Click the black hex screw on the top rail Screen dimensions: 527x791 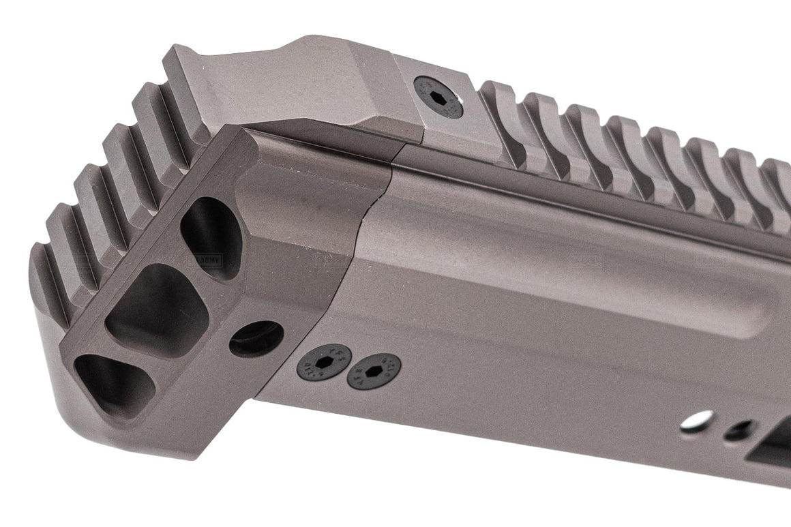tap(438, 96)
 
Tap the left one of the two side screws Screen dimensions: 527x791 tap(324, 362)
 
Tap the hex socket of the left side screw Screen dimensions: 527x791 tap(324, 363)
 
